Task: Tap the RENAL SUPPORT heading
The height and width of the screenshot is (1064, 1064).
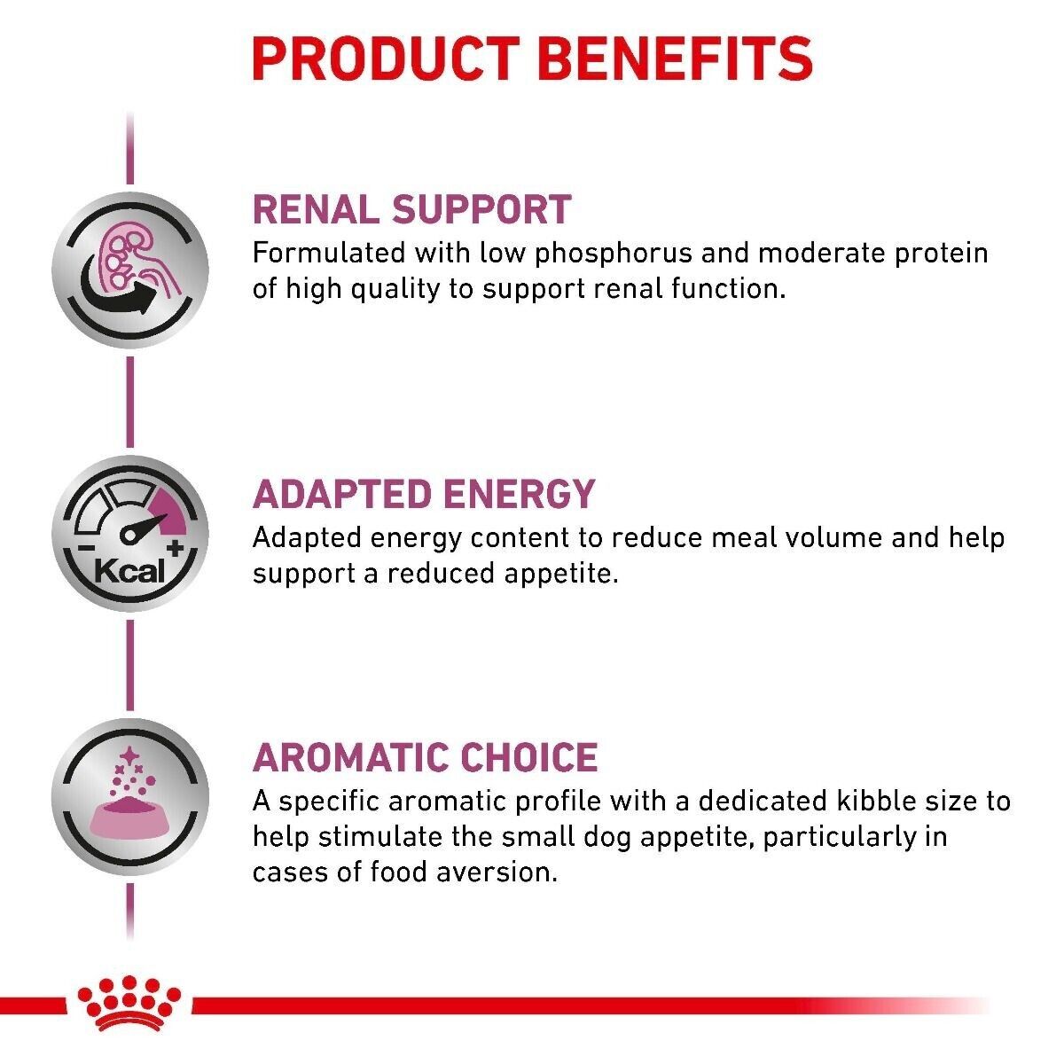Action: [x=411, y=209]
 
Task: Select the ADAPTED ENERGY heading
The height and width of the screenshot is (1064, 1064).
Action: [x=423, y=494]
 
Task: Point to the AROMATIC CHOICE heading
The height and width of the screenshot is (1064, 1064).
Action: [x=425, y=757]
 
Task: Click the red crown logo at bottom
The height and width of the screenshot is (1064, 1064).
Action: [x=129, y=1003]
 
